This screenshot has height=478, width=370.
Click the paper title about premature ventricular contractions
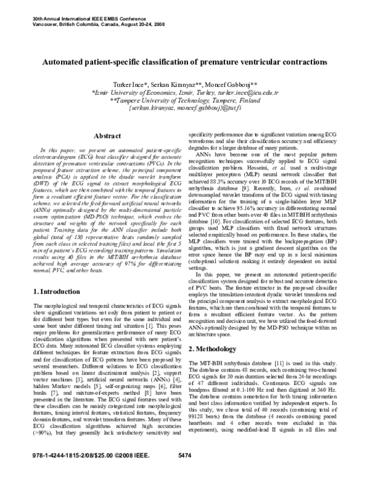pyautogui.click(x=185, y=63)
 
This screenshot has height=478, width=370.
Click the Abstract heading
pyautogui.click(x=94, y=136)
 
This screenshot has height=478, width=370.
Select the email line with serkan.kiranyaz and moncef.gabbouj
pyautogui.click(x=185, y=107)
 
